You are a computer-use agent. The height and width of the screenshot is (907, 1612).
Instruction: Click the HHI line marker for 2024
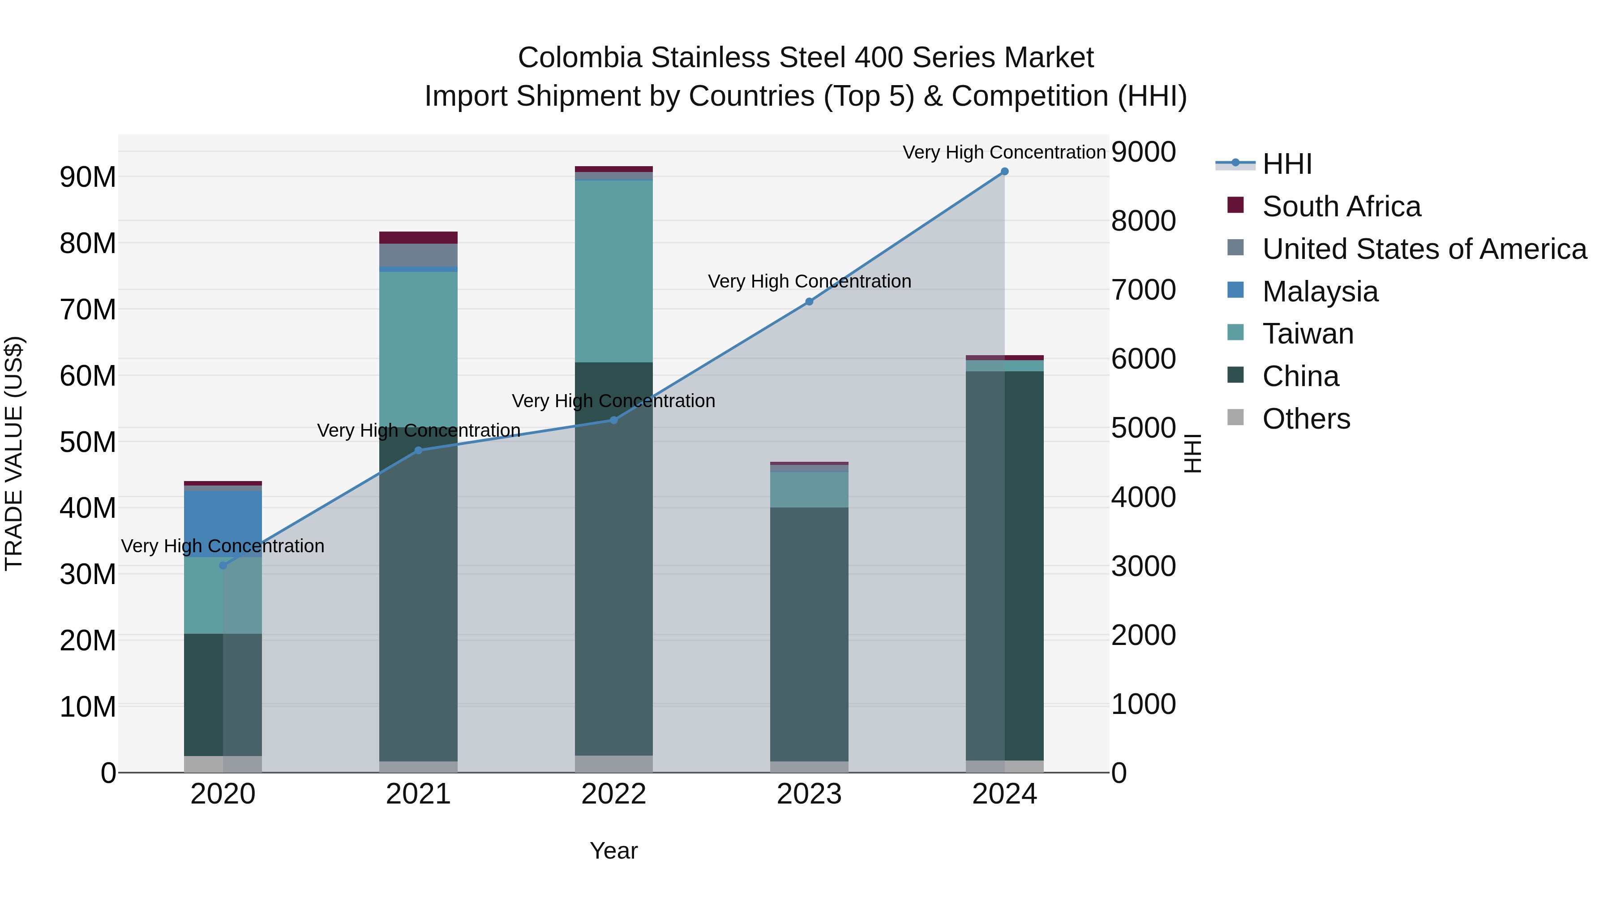[x=1004, y=172]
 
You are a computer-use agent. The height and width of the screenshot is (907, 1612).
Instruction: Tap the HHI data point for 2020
[x=223, y=565]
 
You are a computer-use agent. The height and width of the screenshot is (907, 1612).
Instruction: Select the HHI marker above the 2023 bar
[x=809, y=302]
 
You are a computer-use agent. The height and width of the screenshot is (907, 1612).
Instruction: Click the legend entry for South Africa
[x=1341, y=206]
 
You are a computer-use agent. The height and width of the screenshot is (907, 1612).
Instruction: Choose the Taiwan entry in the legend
[x=1308, y=334]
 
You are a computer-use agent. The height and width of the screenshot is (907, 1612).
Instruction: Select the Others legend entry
[x=1306, y=419]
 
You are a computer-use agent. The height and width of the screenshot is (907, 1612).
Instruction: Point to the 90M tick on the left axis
[x=88, y=177]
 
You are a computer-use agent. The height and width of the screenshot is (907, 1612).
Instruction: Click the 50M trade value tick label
[x=88, y=442]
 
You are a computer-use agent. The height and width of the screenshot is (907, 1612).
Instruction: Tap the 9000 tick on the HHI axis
[x=1143, y=152]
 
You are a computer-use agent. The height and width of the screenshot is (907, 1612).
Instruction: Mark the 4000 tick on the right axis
[x=1143, y=498]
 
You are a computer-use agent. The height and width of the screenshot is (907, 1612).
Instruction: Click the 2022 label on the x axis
[x=613, y=794]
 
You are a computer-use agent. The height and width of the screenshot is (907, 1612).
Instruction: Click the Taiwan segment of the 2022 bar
[x=613, y=271]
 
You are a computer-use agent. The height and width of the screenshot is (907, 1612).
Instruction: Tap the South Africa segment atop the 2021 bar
[x=418, y=237]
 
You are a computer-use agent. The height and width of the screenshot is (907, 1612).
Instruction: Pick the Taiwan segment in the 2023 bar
[x=809, y=490]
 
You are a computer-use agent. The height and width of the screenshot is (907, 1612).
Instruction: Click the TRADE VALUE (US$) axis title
[x=14, y=453]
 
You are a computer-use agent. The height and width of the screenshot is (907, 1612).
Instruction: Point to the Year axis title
[x=613, y=851]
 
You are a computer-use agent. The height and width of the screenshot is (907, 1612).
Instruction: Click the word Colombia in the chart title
[x=580, y=58]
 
